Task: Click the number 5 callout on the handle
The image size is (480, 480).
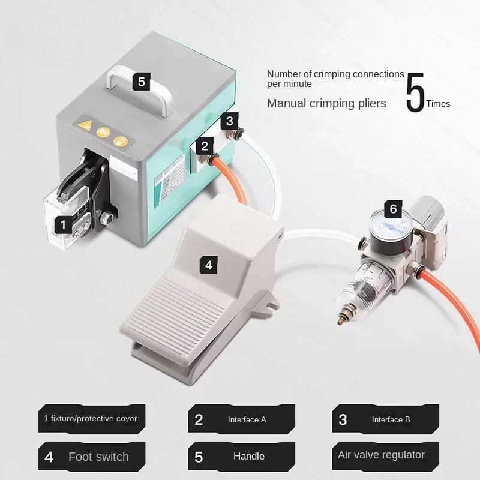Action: (141, 82)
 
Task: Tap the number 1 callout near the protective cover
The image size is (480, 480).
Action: (64, 224)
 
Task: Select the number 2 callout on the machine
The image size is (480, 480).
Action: (205, 146)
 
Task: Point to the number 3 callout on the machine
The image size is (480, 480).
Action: (230, 121)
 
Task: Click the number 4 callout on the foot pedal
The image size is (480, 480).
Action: (208, 265)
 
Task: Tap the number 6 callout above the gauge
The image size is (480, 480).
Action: (393, 209)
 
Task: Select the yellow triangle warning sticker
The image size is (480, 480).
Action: (85, 125)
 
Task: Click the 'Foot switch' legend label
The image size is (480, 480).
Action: (98, 457)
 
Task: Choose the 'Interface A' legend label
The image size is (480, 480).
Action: (247, 419)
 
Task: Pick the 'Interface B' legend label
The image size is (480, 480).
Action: (391, 419)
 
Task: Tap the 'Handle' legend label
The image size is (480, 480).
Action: (249, 457)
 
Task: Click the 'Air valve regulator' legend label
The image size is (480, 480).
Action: (381, 455)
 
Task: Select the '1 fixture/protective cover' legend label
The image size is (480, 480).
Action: (91, 418)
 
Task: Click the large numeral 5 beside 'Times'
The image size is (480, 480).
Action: (415, 92)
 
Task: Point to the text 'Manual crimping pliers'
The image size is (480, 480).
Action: (326, 103)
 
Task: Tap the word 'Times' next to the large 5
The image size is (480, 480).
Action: (438, 104)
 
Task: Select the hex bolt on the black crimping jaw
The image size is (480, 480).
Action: (106, 218)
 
